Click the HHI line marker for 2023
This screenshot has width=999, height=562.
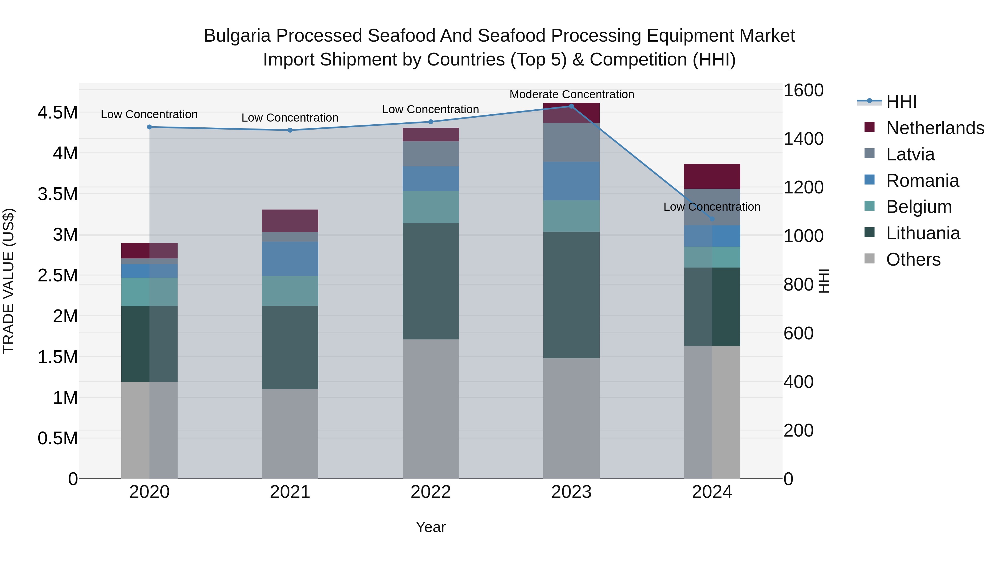pos(571,106)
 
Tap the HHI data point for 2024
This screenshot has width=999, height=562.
pos(712,219)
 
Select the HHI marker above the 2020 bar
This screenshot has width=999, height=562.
pos(149,127)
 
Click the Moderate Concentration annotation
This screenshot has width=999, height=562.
pos(572,94)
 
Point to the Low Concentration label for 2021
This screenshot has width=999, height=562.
pos(290,117)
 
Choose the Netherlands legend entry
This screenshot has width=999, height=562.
pos(935,128)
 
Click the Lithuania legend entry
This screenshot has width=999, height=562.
pos(923,233)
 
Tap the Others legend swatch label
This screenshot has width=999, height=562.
pos(913,259)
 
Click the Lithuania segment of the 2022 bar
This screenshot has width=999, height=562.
pos(430,281)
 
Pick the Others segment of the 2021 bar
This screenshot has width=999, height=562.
pos(290,434)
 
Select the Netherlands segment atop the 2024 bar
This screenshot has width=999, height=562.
pos(712,177)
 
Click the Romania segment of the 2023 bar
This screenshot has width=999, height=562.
pos(571,181)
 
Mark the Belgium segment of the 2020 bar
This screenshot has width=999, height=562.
pos(149,292)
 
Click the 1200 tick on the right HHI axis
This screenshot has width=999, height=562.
pos(803,187)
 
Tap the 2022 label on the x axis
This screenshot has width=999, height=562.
pos(430,492)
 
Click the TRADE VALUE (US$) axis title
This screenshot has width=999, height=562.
pos(9,281)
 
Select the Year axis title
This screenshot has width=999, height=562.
pos(430,527)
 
